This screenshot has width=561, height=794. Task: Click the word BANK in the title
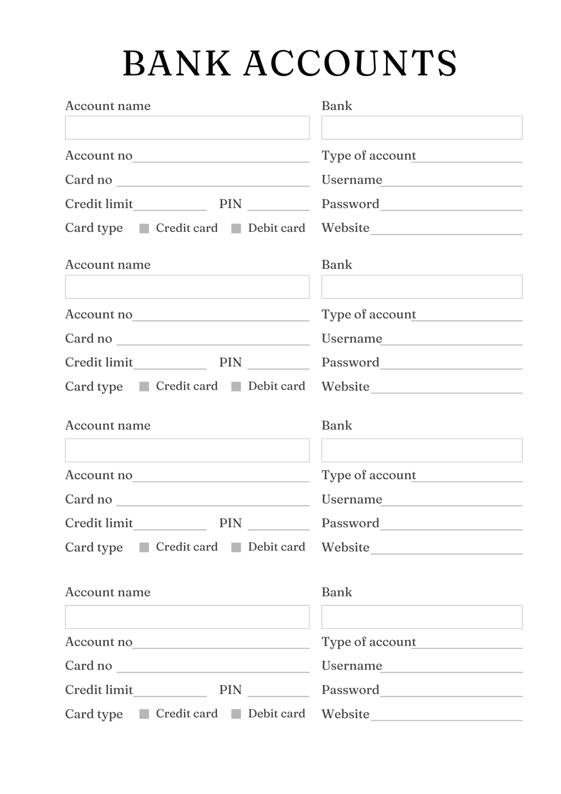pyautogui.click(x=177, y=63)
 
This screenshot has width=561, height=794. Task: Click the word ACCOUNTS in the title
pyautogui.click(x=351, y=63)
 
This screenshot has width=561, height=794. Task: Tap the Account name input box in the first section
pyautogui.click(x=187, y=127)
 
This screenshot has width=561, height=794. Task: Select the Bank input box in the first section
pyautogui.click(x=421, y=127)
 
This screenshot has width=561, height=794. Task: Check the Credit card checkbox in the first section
pyautogui.click(x=144, y=229)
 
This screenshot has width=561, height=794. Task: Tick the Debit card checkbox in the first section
pyautogui.click(x=236, y=229)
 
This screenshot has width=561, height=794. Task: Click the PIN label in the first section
pyautogui.click(x=230, y=204)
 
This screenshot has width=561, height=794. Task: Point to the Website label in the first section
pyautogui.click(x=345, y=228)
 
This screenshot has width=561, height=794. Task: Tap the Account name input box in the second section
pyautogui.click(x=187, y=286)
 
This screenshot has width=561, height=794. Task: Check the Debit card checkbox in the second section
pyautogui.click(x=236, y=386)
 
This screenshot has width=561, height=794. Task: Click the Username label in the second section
pyautogui.click(x=351, y=339)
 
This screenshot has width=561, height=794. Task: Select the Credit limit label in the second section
pyautogui.click(x=99, y=362)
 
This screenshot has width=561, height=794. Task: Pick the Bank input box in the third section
pyautogui.click(x=421, y=450)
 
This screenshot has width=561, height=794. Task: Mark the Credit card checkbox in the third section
pyautogui.click(x=144, y=547)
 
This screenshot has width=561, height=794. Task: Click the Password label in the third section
pyautogui.click(x=350, y=523)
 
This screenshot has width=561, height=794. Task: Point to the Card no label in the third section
pyautogui.click(x=89, y=499)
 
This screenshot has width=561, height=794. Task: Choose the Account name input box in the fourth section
pyautogui.click(x=187, y=617)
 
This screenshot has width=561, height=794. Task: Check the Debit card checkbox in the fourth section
pyautogui.click(x=236, y=714)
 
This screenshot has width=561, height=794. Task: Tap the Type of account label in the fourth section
pyautogui.click(x=369, y=642)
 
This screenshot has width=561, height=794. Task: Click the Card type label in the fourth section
pyautogui.click(x=94, y=714)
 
